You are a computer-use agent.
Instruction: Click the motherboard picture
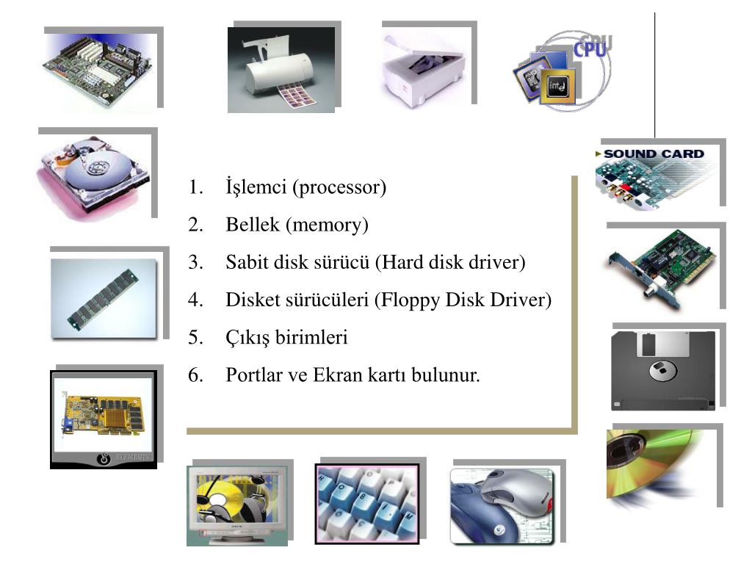[x=99, y=70]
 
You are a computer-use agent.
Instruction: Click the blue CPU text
[x=592, y=48]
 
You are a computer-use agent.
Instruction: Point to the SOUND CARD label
[x=653, y=154]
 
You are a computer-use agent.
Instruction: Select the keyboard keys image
[x=366, y=503]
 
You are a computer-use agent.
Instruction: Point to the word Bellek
[x=253, y=225]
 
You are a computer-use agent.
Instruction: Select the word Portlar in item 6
[x=253, y=376]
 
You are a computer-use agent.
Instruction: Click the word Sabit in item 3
[x=247, y=262]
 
